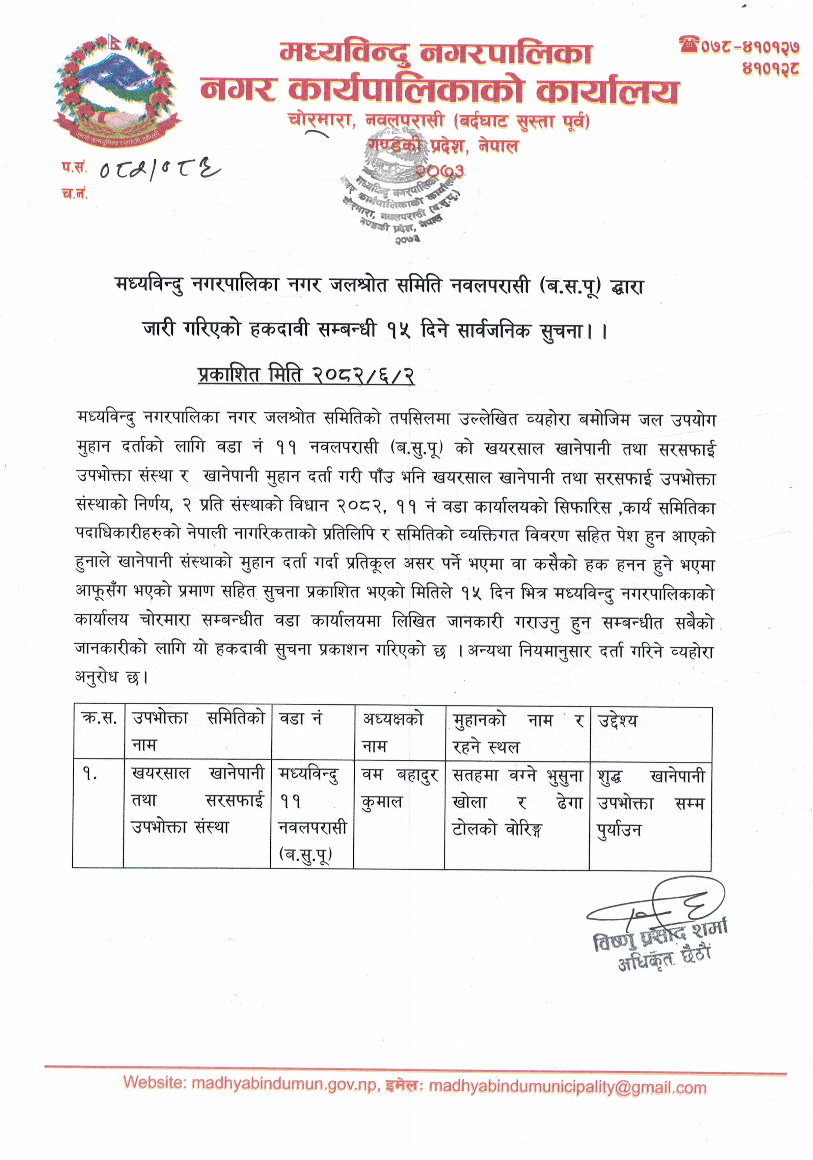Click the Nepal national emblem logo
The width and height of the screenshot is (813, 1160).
tap(117, 91)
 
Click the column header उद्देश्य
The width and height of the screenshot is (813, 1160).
tap(618, 720)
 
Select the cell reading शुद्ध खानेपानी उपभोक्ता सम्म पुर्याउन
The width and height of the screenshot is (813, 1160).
tap(650, 803)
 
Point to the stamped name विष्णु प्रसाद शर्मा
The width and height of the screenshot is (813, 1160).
tap(660, 938)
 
